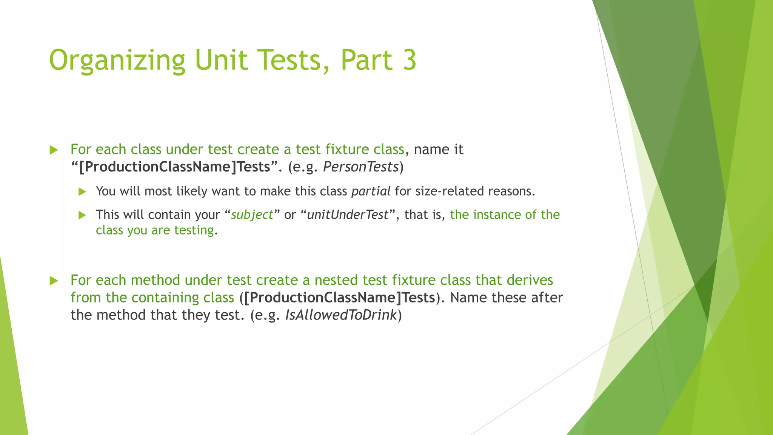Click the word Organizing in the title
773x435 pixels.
[117, 60]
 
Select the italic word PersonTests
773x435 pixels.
[361, 167]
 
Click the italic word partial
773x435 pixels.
[371, 191]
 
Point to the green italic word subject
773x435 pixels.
[252, 215]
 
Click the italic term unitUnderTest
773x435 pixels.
[348, 215]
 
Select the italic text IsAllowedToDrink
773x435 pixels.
[341, 315]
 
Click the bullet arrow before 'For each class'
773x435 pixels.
[54, 150]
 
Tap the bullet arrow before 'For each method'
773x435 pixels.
[54, 281]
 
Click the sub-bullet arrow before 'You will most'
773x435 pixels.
[82, 192]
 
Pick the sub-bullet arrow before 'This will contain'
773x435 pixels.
[82, 215]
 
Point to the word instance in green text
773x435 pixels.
[497, 214]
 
